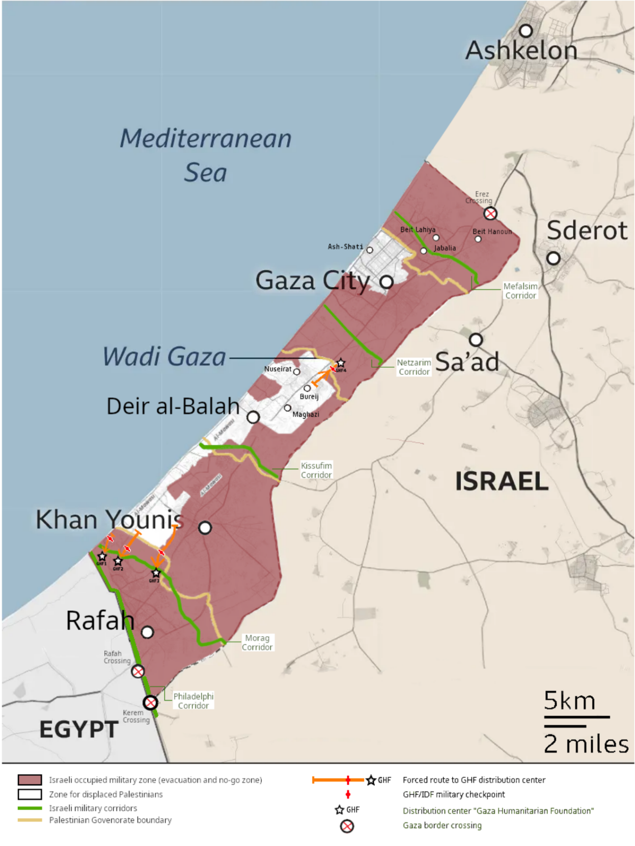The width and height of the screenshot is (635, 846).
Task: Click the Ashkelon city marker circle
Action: pos(526,31)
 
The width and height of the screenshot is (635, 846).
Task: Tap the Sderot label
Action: pos(587,230)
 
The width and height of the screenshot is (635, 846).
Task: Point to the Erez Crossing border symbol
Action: pos(490,213)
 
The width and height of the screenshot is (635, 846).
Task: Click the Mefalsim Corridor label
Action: pos(520,291)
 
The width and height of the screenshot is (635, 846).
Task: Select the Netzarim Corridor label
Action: pos(414,367)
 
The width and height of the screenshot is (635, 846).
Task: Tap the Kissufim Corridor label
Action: pos(316,470)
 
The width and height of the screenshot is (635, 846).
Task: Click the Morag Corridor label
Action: pos(257,642)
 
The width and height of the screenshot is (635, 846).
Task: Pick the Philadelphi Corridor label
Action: pos(194,700)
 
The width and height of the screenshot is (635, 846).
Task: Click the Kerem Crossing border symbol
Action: pos(150,703)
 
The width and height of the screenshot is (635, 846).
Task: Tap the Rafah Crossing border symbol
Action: pos(138,671)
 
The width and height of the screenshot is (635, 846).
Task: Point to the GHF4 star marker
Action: pos(341,363)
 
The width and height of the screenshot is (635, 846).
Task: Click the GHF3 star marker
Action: pos(156,574)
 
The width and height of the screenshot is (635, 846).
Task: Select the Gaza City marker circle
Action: pos(386,282)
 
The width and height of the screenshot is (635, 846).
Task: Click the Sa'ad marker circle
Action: pos(476,340)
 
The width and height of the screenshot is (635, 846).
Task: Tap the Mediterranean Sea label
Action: pos(206,155)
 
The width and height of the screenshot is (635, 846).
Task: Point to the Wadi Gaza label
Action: pos(164,357)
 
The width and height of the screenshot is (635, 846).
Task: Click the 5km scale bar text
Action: pos(569,701)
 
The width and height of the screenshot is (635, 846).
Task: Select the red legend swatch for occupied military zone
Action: pos(30,780)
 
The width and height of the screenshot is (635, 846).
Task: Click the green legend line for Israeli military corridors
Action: pos(30,808)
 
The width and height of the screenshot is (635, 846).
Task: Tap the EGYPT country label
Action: pos(79,729)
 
